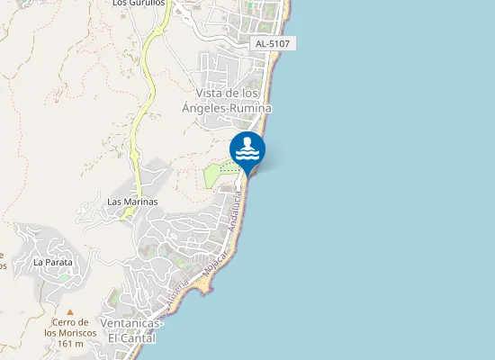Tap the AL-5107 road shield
[274, 43]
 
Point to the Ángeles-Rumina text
[233, 108]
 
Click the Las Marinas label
[132, 202]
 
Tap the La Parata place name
[51, 262]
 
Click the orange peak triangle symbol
[70, 311]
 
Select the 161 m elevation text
[70, 344]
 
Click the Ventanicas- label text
[131, 324]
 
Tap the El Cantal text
[131, 338]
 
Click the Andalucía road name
[237, 212]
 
